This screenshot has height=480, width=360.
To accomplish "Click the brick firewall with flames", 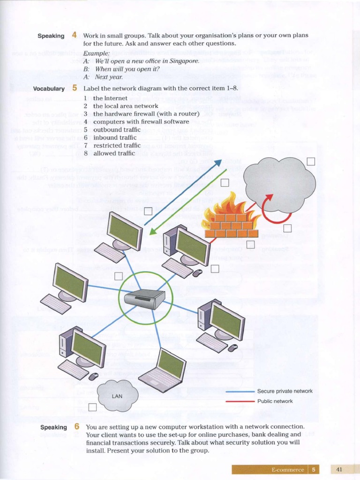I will point(231,221).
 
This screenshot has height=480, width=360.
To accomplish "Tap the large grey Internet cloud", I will point(279,185).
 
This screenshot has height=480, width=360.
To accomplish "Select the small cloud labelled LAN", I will point(118,396).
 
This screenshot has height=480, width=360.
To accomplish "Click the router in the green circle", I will point(145,299).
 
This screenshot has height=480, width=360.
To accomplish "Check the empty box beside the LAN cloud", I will point(92,407).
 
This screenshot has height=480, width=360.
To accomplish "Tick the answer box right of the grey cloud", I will point(311,162).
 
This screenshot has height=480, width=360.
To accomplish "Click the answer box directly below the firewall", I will point(250,244).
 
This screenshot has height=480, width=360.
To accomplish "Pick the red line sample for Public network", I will point(240,401).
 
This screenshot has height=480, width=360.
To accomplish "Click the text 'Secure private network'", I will point(285,391).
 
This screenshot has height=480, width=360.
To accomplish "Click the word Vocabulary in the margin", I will point(49,89).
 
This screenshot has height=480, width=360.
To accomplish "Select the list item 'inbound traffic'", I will point(114,138).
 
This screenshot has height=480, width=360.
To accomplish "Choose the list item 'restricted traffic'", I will point(117,146).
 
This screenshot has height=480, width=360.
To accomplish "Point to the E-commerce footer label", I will point(287,470).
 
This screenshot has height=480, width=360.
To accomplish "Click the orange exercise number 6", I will point(76,427).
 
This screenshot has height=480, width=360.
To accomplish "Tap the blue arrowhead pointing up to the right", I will point(217,163).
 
